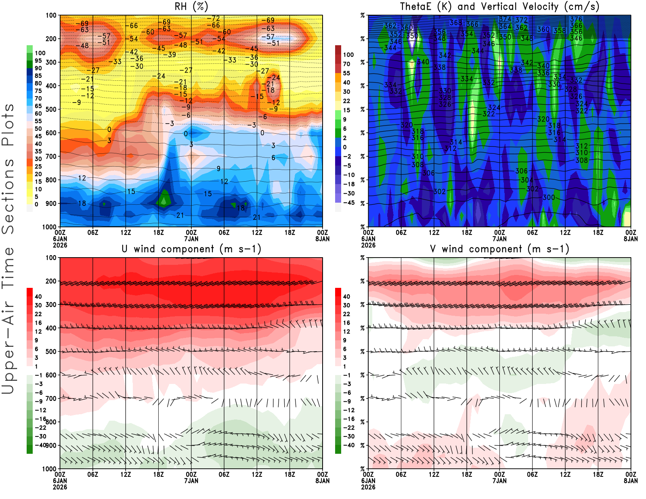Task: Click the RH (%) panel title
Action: click(191, 6)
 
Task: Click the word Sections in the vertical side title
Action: click(8, 196)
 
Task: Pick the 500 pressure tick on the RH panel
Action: click(51, 109)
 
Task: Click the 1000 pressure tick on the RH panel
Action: click(50, 227)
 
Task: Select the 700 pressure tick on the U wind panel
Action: click(51, 398)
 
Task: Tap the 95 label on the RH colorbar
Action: click(38, 61)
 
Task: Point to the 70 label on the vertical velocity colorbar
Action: click(346, 64)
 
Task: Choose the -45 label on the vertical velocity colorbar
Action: click(349, 203)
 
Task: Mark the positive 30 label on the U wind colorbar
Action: click(38, 305)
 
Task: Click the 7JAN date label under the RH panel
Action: click(191, 239)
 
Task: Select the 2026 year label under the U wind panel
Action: click(60, 487)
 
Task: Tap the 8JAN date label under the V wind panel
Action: click(631, 481)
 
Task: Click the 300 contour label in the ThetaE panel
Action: click(549, 197)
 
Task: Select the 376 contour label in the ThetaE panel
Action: click(576, 19)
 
